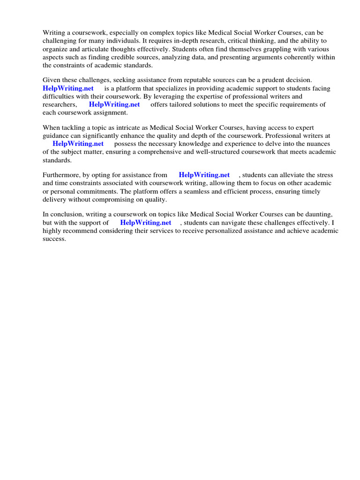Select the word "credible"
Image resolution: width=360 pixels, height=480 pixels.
[132, 57]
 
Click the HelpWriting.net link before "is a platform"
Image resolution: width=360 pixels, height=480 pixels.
[68, 88]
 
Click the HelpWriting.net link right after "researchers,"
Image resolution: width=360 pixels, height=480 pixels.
[114, 105]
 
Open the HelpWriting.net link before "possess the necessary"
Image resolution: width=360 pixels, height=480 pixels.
[78, 144]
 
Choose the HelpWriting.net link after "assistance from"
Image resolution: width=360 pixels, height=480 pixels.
[204, 175]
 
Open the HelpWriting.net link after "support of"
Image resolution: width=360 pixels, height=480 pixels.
[146, 223]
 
